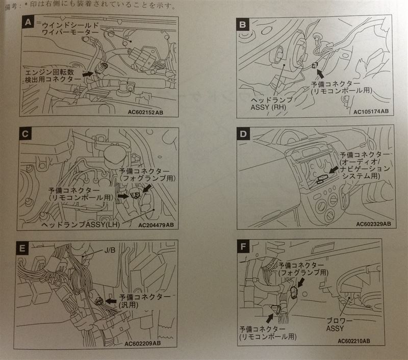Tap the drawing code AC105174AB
click(369, 111)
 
